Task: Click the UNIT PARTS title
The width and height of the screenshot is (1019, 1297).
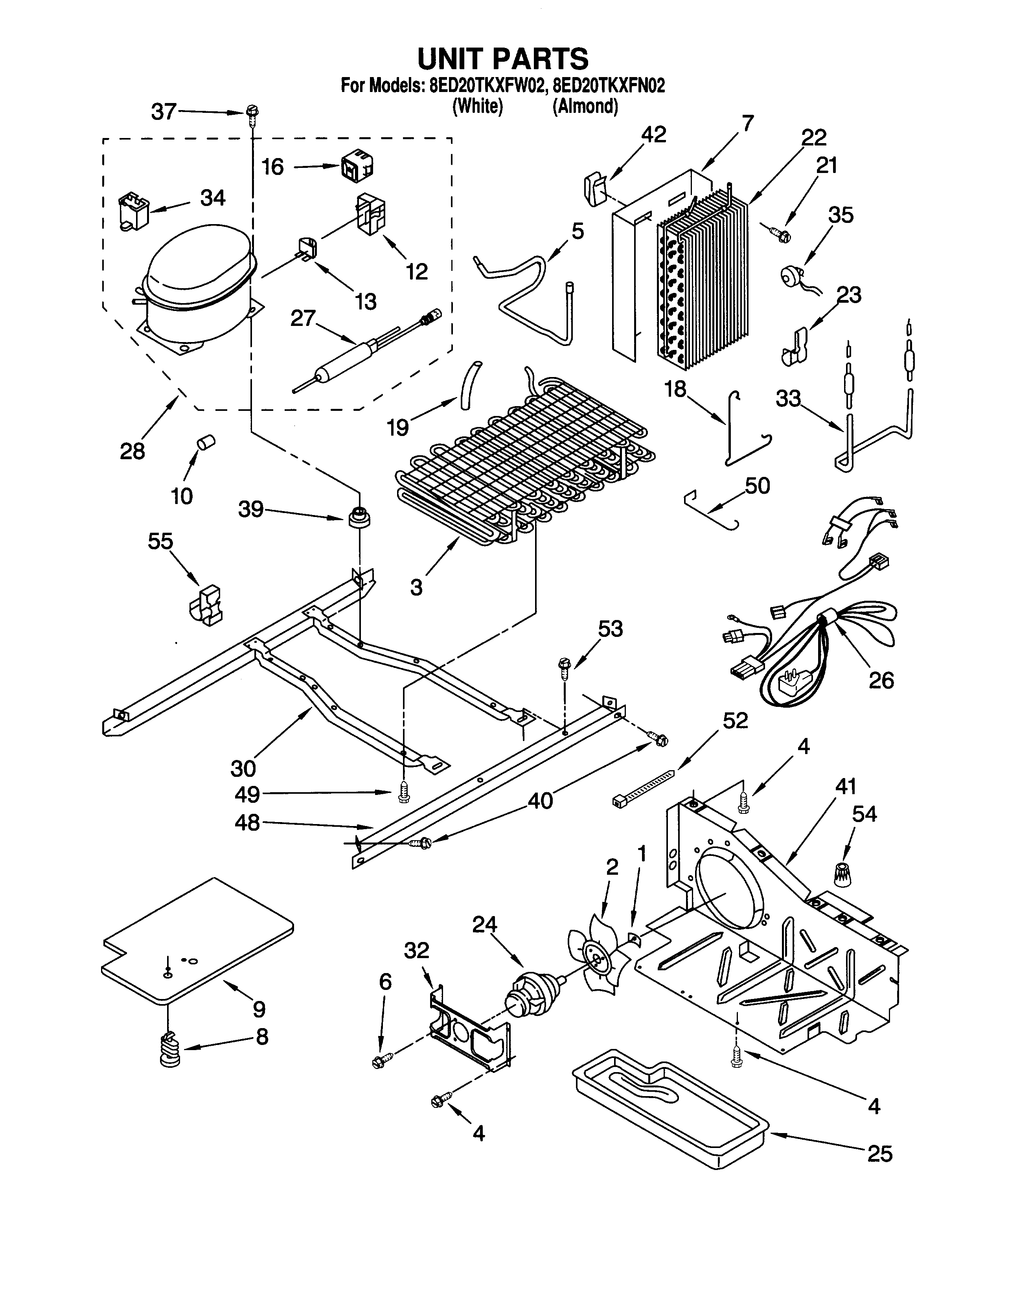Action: click(x=503, y=59)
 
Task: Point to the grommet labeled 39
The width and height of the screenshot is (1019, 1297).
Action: click(x=359, y=516)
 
